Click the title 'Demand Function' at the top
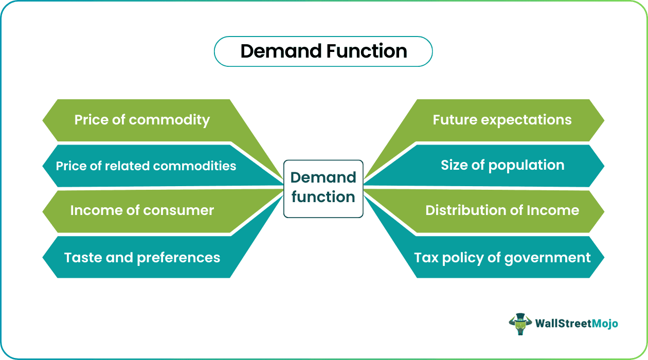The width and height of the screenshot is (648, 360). tap(323, 51)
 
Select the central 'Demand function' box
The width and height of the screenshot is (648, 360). tap(323, 189)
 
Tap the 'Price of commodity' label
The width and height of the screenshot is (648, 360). tap(142, 120)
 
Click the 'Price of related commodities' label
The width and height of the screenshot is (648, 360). tap(146, 166)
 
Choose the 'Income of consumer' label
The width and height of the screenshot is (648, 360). tap(142, 210)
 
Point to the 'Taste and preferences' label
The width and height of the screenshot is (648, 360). tap(142, 258)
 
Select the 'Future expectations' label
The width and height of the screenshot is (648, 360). tap(502, 120)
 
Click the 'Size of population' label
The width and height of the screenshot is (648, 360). tap(502, 166)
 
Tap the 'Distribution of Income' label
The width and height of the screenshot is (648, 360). tap(502, 210)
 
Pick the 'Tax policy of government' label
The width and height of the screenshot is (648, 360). tap(502, 258)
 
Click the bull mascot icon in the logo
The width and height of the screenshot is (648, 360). tap(520, 324)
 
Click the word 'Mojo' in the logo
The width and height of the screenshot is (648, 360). tap(605, 324)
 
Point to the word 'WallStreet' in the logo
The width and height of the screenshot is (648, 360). tap(563, 323)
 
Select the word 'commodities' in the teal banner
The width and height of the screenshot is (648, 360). tap(194, 166)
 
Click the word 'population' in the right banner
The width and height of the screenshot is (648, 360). tap(527, 166)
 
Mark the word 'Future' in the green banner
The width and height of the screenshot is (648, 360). tap(455, 120)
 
